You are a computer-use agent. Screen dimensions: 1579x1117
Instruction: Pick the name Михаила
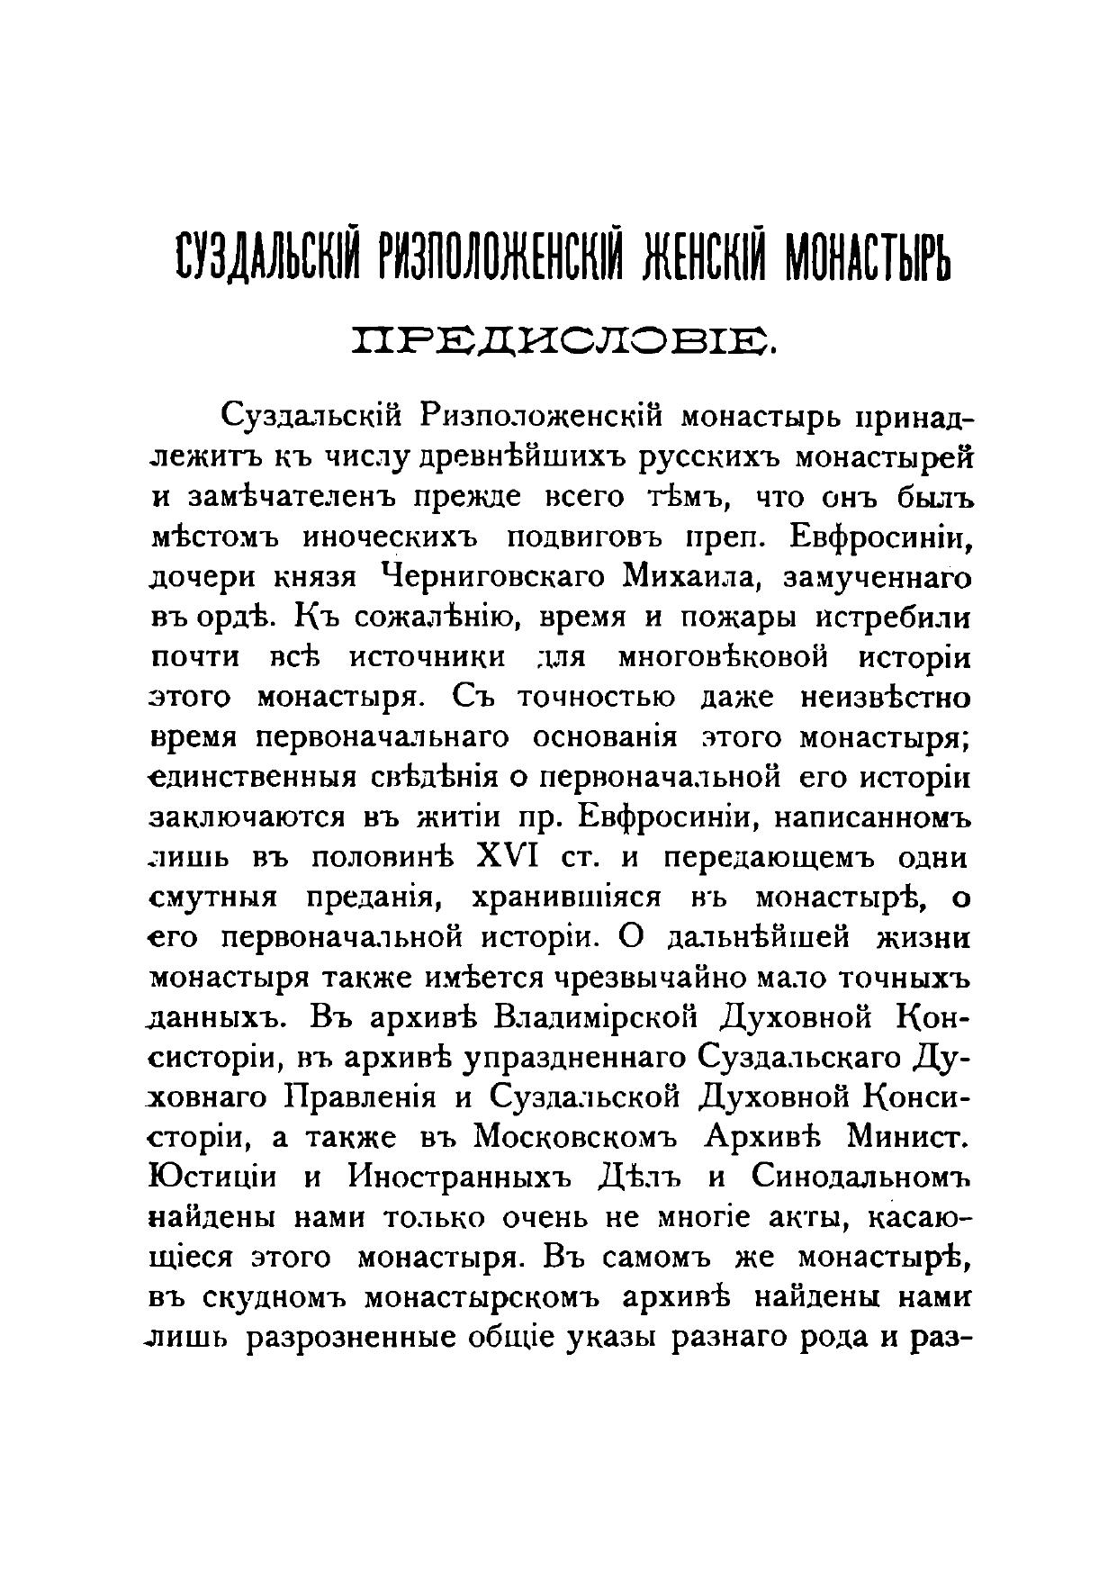click(679, 578)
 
